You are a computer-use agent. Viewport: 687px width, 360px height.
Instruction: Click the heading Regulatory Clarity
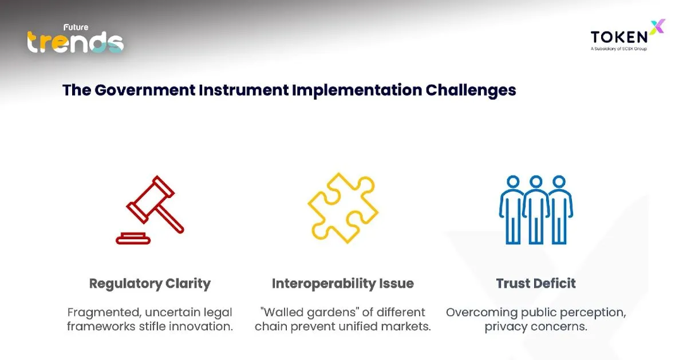coord(150,284)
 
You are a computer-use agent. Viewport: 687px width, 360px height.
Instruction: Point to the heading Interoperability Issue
coord(343,284)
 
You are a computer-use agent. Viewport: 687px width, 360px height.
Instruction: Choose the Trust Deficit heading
coord(536,283)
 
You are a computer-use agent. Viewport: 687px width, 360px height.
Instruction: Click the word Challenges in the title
coord(471,90)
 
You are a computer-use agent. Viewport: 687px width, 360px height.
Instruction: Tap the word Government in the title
coord(145,90)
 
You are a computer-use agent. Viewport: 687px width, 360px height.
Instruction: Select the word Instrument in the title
coord(243,90)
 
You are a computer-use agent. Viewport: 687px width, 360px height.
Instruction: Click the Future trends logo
coord(76,39)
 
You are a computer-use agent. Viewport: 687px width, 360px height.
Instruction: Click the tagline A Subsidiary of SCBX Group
coord(619,49)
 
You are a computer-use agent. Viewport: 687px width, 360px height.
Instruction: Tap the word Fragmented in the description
coord(104,312)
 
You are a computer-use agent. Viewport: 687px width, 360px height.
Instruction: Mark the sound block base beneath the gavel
coord(133,239)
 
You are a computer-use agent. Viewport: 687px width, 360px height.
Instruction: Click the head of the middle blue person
coord(536,182)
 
